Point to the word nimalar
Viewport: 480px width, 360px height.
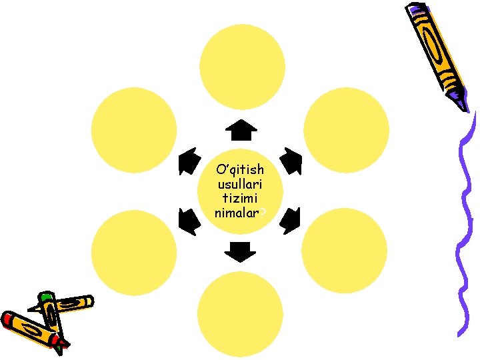239,213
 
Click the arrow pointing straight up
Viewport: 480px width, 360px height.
241,130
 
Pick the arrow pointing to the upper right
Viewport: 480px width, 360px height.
291,160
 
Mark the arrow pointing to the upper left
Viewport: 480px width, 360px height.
190,161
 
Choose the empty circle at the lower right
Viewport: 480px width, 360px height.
344,252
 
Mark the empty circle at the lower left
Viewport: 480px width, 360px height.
134,252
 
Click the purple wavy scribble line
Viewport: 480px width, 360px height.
465,220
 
